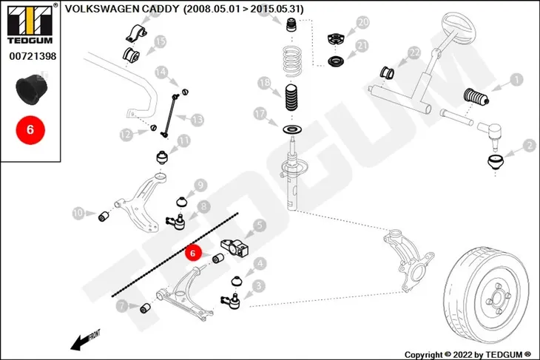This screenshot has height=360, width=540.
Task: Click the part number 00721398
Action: [x=33, y=56]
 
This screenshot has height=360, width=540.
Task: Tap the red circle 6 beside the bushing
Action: [x=193, y=253]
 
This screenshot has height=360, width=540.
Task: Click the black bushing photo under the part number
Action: [x=32, y=89]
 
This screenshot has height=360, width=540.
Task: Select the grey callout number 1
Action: [x=516, y=80]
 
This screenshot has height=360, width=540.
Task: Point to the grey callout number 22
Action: [x=414, y=53]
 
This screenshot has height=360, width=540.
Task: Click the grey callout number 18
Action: [x=265, y=83]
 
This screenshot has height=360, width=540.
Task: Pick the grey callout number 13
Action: [x=198, y=120]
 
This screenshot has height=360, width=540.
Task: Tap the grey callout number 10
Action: [x=78, y=214]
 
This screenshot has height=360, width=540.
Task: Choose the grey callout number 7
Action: [x=121, y=305]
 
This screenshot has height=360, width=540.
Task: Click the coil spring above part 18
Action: [x=292, y=61]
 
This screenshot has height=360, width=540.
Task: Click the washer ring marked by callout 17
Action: [x=293, y=130]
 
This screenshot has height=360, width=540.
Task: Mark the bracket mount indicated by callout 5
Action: [x=235, y=249]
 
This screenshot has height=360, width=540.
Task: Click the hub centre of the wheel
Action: [x=497, y=298]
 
